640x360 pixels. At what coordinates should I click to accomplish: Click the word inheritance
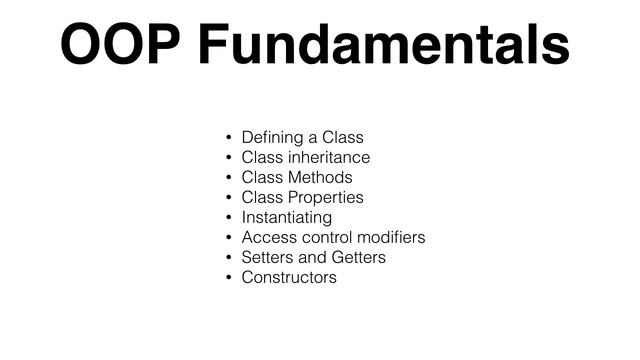[x=329, y=157]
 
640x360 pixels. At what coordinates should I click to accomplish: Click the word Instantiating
[x=287, y=217]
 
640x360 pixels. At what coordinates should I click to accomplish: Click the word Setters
[x=266, y=257]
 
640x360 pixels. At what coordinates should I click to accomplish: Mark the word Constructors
[x=290, y=277]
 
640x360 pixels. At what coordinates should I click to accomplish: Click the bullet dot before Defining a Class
[x=228, y=138]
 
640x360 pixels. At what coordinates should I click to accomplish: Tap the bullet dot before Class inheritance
[x=228, y=158]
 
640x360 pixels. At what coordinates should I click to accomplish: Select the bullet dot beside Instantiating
[x=228, y=218]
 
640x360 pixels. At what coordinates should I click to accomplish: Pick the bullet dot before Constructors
[x=228, y=278]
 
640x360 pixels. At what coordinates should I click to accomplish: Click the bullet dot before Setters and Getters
[x=228, y=258]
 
